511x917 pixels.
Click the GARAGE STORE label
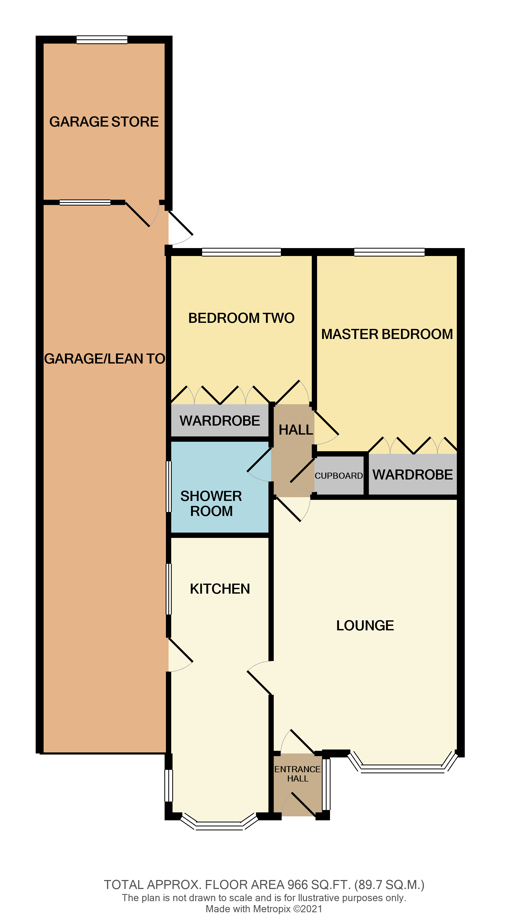(x=104, y=122)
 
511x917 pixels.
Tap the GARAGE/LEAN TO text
(x=104, y=359)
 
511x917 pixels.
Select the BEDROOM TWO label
(x=241, y=318)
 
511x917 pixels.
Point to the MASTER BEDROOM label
(x=387, y=334)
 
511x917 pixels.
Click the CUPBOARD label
(x=338, y=476)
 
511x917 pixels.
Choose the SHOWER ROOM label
(x=211, y=503)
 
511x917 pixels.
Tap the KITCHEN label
(x=220, y=589)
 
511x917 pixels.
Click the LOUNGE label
(x=365, y=625)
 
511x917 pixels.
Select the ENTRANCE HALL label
(x=297, y=774)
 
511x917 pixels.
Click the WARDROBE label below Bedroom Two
(x=220, y=421)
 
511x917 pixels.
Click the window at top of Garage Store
(x=102, y=40)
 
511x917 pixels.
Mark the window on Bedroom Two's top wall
(x=241, y=252)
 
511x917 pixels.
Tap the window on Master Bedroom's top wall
(x=389, y=252)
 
